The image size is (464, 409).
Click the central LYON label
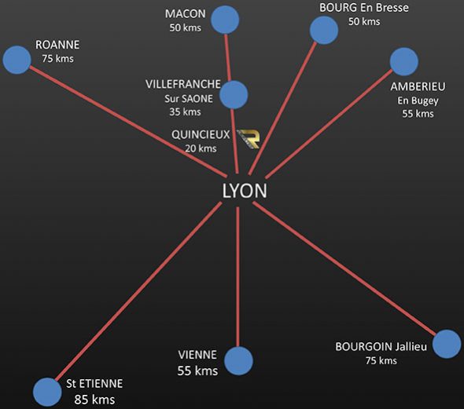click(x=245, y=191)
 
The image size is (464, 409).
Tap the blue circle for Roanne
click(x=17, y=60)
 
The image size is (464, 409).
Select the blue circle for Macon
click(x=225, y=20)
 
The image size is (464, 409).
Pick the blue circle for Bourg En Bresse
click(x=324, y=30)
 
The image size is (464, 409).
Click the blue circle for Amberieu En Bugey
click(x=404, y=62)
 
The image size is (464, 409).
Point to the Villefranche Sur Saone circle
click(x=234, y=94)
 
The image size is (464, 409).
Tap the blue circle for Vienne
click(x=238, y=360)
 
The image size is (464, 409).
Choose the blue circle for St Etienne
click(x=47, y=392)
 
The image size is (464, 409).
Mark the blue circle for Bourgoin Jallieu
click(x=447, y=344)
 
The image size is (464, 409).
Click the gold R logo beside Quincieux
click(x=249, y=138)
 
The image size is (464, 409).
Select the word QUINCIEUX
click(x=201, y=135)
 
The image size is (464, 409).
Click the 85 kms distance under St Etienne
click(x=94, y=400)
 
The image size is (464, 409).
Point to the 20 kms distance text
click(x=201, y=148)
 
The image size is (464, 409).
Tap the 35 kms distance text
click(x=185, y=112)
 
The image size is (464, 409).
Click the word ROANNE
click(x=57, y=45)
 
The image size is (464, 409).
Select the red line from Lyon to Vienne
click(x=238, y=277)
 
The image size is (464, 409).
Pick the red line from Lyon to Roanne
click(x=128, y=122)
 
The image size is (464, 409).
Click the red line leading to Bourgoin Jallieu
click(x=344, y=268)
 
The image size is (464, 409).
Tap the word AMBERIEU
click(x=418, y=86)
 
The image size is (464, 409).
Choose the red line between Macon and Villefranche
click(x=227, y=57)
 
